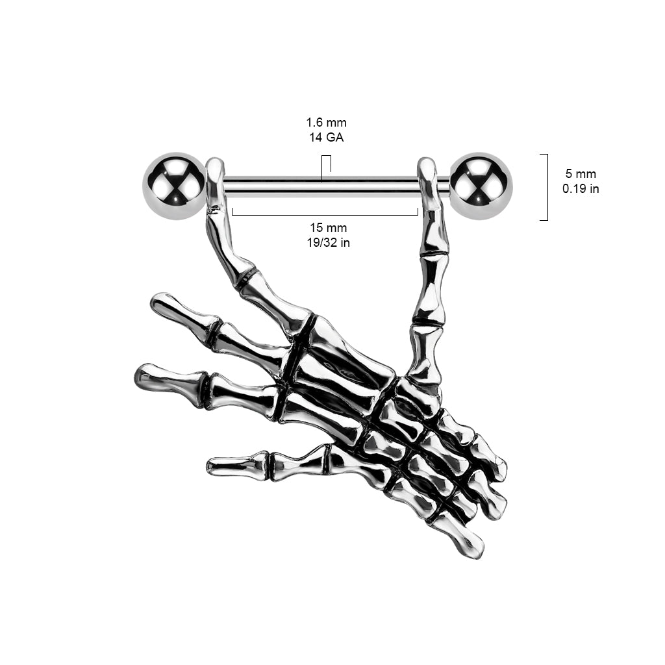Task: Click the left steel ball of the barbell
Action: coord(174,186)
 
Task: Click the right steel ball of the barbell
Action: coord(481,186)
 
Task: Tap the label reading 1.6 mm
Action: coord(326,123)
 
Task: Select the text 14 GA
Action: coord(326,138)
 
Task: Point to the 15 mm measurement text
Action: coord(328,228)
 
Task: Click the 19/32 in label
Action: coord(328,243)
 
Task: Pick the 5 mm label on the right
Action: coord(581,173)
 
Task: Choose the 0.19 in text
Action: coord(581,188)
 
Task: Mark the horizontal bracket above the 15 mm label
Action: coord(325,212)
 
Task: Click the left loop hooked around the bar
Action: coord(216,184)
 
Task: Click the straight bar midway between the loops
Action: coord(321,187)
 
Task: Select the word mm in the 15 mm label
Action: coord(337,229)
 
